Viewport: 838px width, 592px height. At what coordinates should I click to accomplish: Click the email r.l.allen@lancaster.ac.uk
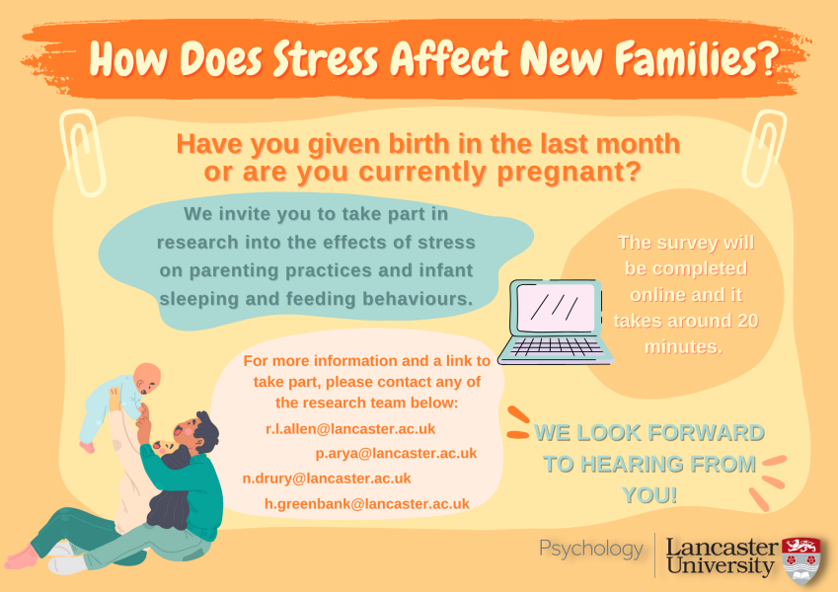click(350, 428)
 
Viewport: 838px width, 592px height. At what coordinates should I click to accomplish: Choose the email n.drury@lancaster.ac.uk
click(327, 479)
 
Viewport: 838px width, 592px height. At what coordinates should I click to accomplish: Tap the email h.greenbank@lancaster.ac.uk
click(366, 503)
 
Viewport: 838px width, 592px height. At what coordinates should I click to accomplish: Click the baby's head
click(145, 378)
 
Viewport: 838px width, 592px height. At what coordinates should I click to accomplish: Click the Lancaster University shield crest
click(800, 559)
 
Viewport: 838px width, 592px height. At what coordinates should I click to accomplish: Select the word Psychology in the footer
click(590, 549)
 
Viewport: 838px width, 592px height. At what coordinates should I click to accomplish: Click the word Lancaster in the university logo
click(721, 547)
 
